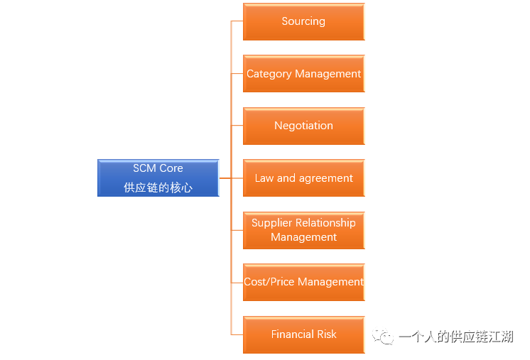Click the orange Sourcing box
click(x=303, y=22)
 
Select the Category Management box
click(x=303, y=74)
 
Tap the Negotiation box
click(x=303, y=126)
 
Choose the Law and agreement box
click(x=303, y=178)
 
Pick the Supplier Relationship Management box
click(x=303, y=230)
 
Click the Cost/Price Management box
click(x=303, y=282)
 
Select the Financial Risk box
click(x=303, y=334)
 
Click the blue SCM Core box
click(x=158, y=178)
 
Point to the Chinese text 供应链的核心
click(x=158, y=188)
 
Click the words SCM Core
click(x=158, y=168)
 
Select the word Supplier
click(x=272, y=223)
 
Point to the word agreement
click(x=325, y=178)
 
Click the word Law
click(x=264, y=178)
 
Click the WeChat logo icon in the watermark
click(x=384, y=337)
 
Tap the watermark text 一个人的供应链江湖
click(x=456, y=337)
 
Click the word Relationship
click(x=325, y=223)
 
